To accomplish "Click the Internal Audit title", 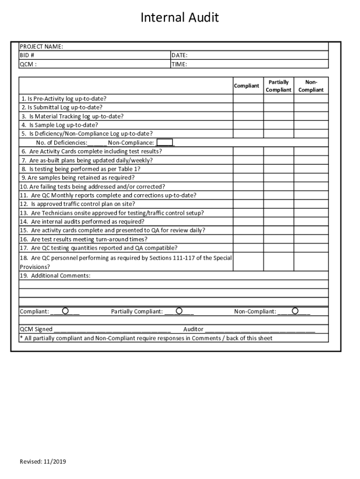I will (x=180, y=18).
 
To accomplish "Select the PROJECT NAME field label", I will (x=41, y=46).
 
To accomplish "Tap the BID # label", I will (x=27, y=55).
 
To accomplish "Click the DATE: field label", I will (x=180, y=55).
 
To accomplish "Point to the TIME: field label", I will (x=180, y=64).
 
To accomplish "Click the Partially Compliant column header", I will (x=279, y=86).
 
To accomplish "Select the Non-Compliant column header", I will (x=311, y=86).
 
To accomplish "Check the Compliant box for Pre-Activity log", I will (x=248, y=99).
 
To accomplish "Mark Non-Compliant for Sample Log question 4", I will (x=311, y=125).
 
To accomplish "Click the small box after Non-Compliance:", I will (x=165, y=143).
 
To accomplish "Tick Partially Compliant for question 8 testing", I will (x=279, y=169).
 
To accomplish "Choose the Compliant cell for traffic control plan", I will (x=248, y=204).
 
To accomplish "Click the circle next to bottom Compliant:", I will (x=65, y=311).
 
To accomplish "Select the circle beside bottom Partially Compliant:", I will (x=179, y=311).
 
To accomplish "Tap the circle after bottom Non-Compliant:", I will (x=295, y=311).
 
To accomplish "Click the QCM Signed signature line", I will (x=112, y=329).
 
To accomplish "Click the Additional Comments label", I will (x=55, y=276).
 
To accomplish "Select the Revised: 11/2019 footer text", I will (x=43, y=462).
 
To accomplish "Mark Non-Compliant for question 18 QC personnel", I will (x=311, y=262).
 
